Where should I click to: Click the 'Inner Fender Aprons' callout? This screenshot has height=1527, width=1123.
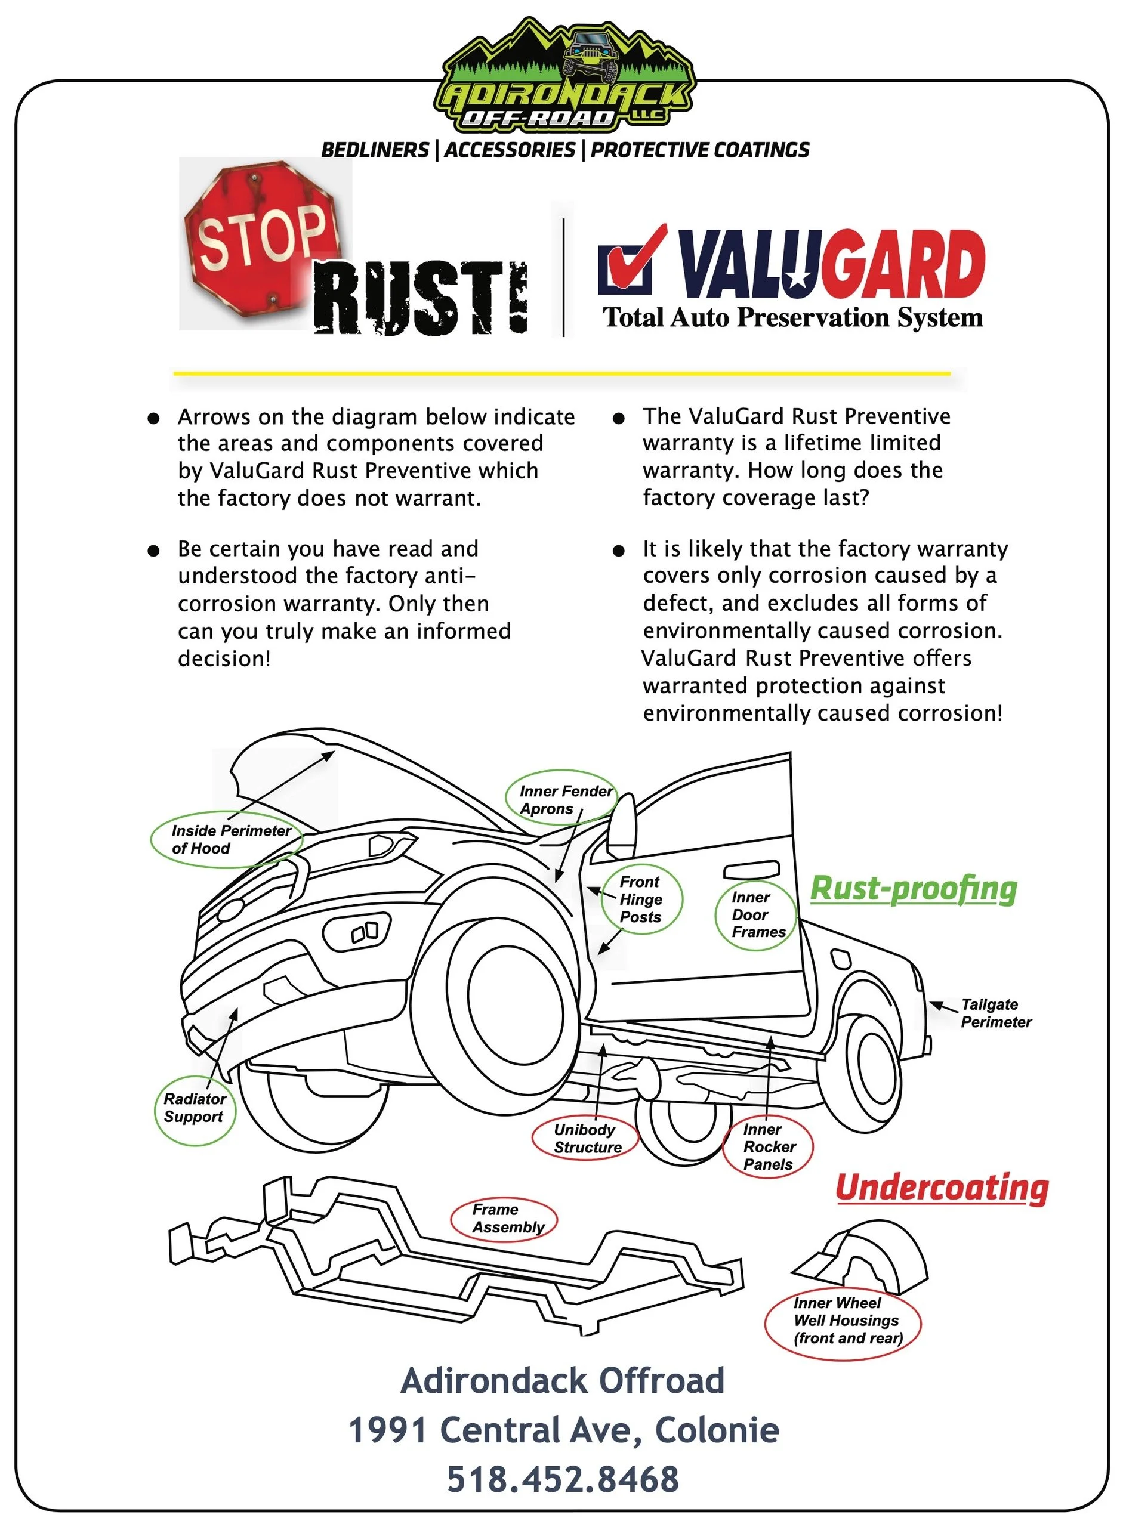coord(561,799)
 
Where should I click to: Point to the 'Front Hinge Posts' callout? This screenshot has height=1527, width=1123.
coord(641,899)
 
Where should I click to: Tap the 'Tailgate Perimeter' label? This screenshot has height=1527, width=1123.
coord(995,1013)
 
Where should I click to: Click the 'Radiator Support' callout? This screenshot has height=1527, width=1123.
coord(195,1108)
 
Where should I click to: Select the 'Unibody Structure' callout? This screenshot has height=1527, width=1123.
coord(587,1138)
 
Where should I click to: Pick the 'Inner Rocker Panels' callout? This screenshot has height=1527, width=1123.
coord(769,1146)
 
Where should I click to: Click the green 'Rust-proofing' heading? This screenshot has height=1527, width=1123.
coord(913,889)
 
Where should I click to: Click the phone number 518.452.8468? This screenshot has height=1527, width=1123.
coord(563,1479)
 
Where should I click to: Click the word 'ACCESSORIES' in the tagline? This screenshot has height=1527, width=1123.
coord(510,150)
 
